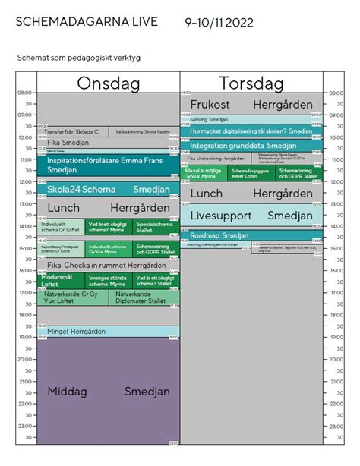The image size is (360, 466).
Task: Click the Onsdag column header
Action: click(108, 83)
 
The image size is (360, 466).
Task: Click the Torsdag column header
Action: click(251, 83)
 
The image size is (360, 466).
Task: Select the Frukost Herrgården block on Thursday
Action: click(251, 104)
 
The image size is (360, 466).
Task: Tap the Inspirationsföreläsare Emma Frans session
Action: click(108, 166)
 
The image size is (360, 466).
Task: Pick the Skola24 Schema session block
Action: click(108, 189)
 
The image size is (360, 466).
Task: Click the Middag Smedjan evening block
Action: click(108, 392)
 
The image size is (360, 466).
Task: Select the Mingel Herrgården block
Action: click(108, 332)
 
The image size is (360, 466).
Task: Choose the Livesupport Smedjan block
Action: click(251, 216)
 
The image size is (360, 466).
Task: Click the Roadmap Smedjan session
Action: click(251, 236)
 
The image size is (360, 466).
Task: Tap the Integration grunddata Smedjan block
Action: click(251, 145)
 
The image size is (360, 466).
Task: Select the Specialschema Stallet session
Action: click(156, 226)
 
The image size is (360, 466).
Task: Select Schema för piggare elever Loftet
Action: click(251, 174)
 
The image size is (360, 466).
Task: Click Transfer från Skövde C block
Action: click(73, 132)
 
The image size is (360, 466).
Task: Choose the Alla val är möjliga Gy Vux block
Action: click(203, 174)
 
